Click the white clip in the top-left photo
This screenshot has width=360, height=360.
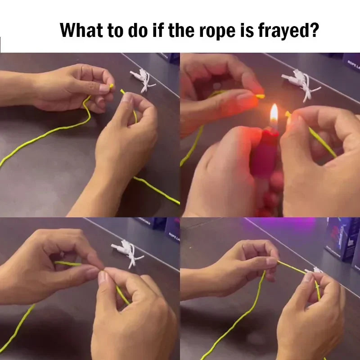pos(142,79)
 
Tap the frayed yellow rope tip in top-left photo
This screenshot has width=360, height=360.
pos(111,86)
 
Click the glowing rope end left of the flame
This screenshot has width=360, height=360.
pos(260,96)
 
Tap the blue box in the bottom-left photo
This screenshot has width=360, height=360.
pos(172,229)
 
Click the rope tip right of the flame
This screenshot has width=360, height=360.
pos(288,116)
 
